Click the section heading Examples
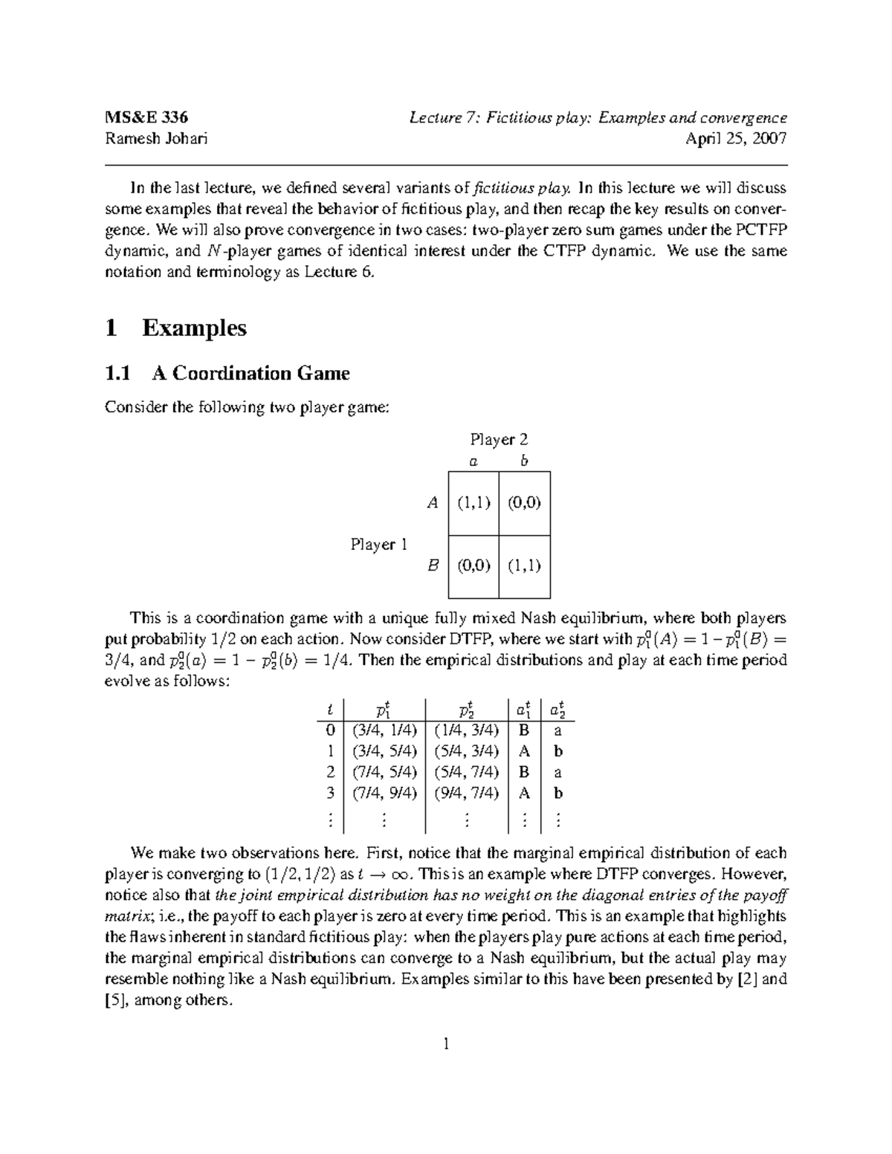[194, 328]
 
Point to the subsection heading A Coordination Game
[251, 373]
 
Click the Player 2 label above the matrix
[499, 439]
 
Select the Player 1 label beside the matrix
[379, 545]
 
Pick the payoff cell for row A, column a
[474, 503]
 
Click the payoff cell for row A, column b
[524, 503]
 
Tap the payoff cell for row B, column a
[474, 566]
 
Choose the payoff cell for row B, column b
[524, 566]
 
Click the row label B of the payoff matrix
[433, 566]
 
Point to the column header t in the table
[330, 710]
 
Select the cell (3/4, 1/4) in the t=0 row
[385, 730]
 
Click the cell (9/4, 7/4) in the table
[467, 793]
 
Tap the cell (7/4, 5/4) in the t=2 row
[385, 772]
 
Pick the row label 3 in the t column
[330, 793]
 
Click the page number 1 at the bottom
[446, 1045]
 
